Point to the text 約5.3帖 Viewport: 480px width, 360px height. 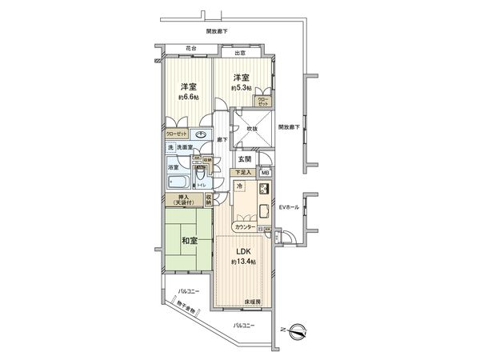[242, 87]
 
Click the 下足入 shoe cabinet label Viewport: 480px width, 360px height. [243, 172]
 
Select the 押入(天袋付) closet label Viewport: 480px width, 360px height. [183, 200]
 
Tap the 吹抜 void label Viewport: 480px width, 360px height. [251, 127]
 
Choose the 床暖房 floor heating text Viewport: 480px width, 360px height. [254, 302]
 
